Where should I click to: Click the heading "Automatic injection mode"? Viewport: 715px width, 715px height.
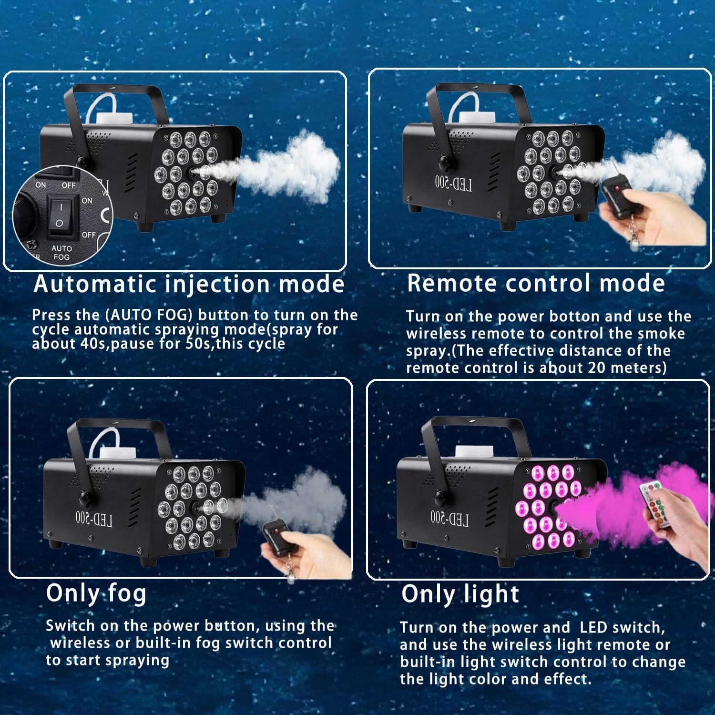pyautogui.click(x=189, y=285)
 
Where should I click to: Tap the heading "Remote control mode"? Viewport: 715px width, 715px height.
pyautogui.click(x=536, y=283)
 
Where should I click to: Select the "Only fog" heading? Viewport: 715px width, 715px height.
pyautogui.click(x=96, y=594)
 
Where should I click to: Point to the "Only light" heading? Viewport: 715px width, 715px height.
pyautogui.click(x=460, y=594)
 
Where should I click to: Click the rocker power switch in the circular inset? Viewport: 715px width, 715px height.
pyautogui.click(x=61, y=217)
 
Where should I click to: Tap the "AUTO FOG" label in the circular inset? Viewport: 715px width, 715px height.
pyautogui.click(x=61, y=253)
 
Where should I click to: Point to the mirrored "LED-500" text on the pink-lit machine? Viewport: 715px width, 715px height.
pyautogui.click(x=449, y=518)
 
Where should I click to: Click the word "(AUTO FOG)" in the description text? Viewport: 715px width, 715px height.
pyautogui.click(x=142, y=315)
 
